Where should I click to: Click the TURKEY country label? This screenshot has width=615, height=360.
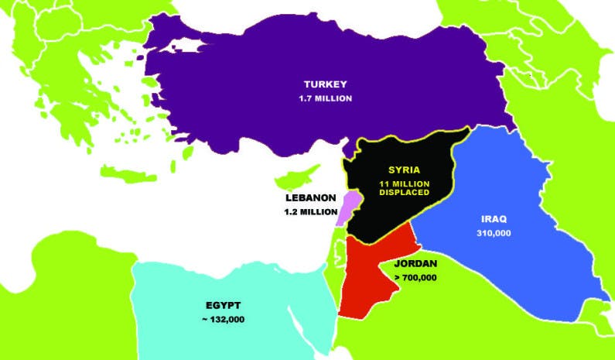click(326, 84)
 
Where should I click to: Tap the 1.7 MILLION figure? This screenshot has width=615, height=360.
click(326, 98)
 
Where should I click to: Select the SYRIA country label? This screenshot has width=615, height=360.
click(404, 170)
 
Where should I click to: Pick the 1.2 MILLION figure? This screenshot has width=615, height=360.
click(310, 211)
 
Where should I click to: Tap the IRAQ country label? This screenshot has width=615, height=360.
click(492, 219)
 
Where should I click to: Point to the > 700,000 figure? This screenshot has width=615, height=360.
click(415, 276)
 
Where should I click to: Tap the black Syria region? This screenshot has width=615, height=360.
click(387, 217)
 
